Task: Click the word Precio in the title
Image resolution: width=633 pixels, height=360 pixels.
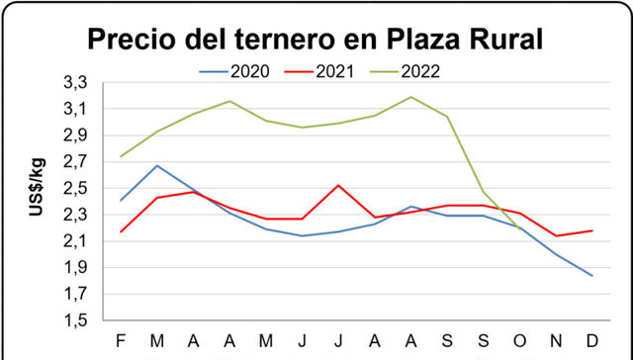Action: pos(135,41)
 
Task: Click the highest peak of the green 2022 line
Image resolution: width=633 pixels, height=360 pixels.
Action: pos(410,97)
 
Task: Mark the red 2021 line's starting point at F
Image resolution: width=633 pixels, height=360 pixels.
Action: pos(121,231)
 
